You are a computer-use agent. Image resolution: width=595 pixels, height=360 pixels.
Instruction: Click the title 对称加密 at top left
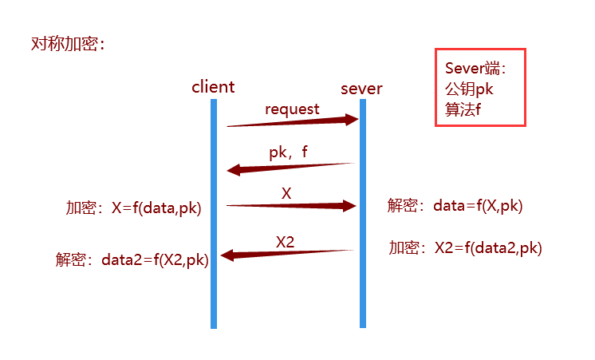pyautogui.click(x=68, y=44)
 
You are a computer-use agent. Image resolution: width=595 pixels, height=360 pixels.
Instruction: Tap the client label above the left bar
pyautogui.click(x=213, y=86)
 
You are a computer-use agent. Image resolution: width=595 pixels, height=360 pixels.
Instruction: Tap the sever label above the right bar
pyautogui.click(x=361, y=88)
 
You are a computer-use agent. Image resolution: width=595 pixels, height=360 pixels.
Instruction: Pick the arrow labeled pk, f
pyautogui.click(x=292, y=167)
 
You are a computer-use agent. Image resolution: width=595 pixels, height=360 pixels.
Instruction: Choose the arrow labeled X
pyautogui.click(x=292, y=206)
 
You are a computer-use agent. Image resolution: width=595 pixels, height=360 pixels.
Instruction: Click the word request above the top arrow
pyautogui.click(x=292, y=109)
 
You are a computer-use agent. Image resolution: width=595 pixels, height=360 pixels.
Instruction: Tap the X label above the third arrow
pyautogui.click(x=286, y=192)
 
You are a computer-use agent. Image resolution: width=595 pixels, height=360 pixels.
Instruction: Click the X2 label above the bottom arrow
pyautogui.click(x=286, y=239)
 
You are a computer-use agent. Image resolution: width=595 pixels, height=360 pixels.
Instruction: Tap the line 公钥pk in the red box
pyautogui.click(x=470, y=89)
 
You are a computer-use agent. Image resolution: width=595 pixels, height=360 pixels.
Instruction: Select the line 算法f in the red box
pyautogui.click(x=463, y=109)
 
